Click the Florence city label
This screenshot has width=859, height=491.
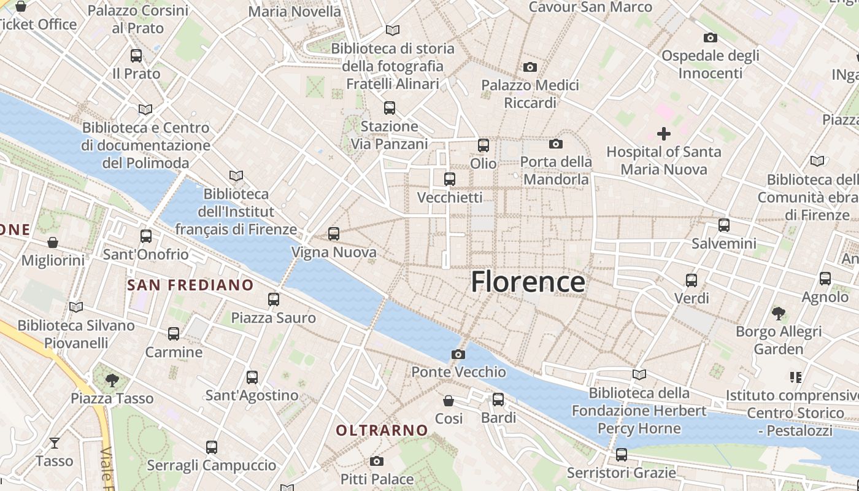click(528, 282)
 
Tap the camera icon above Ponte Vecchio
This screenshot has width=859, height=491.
click(458, 354)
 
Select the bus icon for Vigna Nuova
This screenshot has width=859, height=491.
click(333, 234)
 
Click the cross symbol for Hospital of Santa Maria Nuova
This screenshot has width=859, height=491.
click(663, 133)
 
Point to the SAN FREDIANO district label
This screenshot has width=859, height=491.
click(190, 285)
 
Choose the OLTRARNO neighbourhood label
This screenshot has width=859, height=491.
click(382, 430)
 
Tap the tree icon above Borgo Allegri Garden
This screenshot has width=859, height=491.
click(779, 314)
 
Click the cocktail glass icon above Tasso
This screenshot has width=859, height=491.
click(54, 443)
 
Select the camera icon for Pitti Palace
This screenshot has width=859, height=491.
click(377, 461)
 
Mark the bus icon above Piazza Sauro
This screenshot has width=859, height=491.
click(274, 300)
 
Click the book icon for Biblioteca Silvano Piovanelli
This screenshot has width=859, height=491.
click(76, 307)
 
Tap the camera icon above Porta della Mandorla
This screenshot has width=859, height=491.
click(556, 144)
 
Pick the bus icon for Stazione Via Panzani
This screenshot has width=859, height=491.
click(389, 108)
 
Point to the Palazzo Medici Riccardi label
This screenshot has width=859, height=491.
click(530, 94)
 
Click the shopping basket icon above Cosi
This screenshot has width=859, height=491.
click(449, 401)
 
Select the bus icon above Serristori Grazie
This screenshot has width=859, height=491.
click(622, 455)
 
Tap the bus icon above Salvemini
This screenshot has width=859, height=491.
click(724, 225)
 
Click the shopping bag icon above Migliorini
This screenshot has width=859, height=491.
click(53, 242)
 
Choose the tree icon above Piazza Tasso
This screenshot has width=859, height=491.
click(112, 381)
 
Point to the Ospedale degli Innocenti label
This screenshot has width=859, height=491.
click(711, 64)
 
